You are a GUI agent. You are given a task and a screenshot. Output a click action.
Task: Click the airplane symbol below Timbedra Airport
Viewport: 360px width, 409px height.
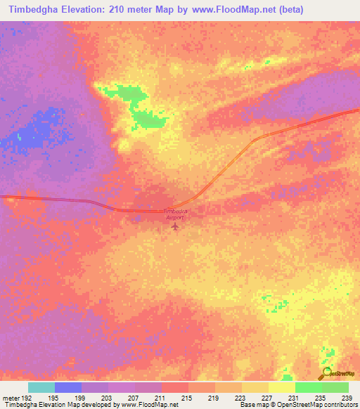coord(175,228)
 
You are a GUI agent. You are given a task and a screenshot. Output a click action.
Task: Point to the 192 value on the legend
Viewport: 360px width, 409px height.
coord(26,397)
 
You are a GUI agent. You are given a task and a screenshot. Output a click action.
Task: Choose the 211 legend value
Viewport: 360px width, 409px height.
coord(160,397)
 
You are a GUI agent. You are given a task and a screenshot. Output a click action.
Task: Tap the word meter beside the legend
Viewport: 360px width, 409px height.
coord(10,397)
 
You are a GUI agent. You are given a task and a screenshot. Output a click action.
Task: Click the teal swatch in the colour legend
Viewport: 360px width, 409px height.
coord(41,387)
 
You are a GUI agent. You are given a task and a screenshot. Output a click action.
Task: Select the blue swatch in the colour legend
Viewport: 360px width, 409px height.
coord(68,387)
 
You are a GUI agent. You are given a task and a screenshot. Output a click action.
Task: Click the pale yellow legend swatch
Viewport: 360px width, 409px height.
coord(281,387)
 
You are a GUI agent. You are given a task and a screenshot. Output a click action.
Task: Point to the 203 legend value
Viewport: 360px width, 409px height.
coord(108,397)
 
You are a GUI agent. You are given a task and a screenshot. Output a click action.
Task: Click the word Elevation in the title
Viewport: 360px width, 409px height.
coord(87,9)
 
